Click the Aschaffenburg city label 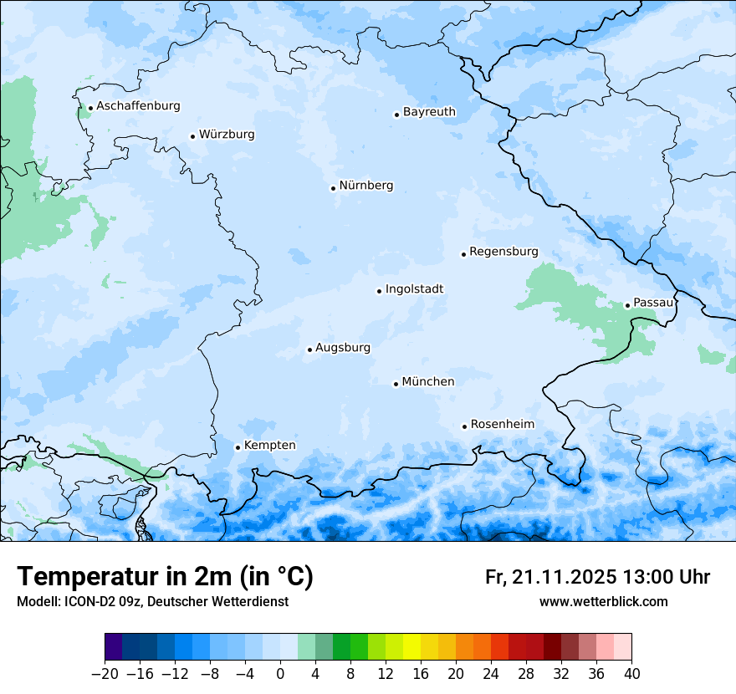point(138,106)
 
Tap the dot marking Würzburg point(192,136)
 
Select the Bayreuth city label point(429,112)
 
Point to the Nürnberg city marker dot point(333,188)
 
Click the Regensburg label point(503,252)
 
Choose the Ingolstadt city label point(414,289)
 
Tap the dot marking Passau point(627,305)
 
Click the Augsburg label point(342,348)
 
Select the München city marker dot point(396,384)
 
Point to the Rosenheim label point(502,425)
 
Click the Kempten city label point(269,446)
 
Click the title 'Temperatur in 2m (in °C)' point(165,577)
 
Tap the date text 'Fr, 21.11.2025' point(550,577)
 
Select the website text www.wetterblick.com point(603,601)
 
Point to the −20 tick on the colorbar point(105,674)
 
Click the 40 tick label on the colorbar point(631,674)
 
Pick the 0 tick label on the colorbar point(280,674)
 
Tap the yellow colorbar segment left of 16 point(411,647)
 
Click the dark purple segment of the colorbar point(113,647)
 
